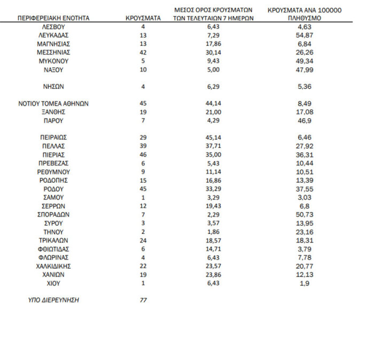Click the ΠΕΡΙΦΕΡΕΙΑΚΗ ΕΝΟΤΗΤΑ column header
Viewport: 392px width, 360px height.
pyautogui.click(x=53, y=18)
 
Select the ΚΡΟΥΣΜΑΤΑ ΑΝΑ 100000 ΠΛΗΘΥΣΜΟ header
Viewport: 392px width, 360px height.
pyautogui.click(x=304, y=14)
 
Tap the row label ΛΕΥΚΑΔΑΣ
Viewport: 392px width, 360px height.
pyautogui.click(x=53, y=35)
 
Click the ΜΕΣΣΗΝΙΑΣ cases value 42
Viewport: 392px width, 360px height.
pyautogui.click(x=143, y=52)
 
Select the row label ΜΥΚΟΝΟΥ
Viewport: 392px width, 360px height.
pyautogui.click(x=53, y=61)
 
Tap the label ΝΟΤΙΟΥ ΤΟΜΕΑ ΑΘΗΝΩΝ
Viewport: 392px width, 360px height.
pyautogui.click(x=53, y=104)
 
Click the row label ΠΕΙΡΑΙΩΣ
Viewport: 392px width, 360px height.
pyautogui.click(x=53, y=137)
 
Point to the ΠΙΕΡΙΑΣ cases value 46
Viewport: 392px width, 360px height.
pyautogui.click(x=143, y=154)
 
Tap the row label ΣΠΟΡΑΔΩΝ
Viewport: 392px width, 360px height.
pyautogui.click(x=53, y=214)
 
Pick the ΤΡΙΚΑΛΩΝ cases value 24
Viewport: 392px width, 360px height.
pyautogui.click(x=143, y=240)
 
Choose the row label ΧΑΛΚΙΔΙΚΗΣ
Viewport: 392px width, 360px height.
pyautogui.click(x=53, y=266)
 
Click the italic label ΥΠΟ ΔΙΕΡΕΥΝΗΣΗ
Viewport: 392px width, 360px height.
pyautogui.click(x=53, y=300)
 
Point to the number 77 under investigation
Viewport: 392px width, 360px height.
pyautogui.click(x=143, y=300)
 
